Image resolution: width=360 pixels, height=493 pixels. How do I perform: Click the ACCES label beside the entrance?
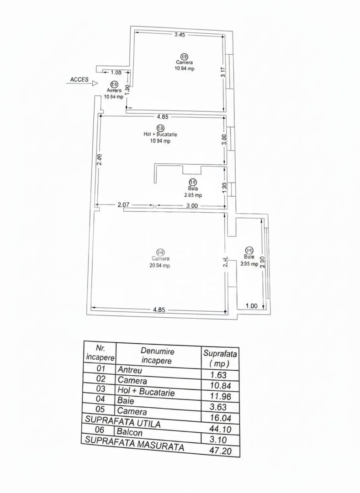[x=79, y=79]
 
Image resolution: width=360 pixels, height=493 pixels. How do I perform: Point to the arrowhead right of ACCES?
[x=95, y=84]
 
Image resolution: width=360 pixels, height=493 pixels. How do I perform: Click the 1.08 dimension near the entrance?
[x=116, y=72]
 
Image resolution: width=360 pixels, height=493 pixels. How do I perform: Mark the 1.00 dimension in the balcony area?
[x=251, y=306]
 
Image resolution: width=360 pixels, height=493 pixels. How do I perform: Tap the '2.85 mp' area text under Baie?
[x=192, y=195]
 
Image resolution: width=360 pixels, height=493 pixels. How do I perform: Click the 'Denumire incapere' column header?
[x=158, y=356]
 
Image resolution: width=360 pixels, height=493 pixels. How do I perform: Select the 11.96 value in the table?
[x=222, y=396]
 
